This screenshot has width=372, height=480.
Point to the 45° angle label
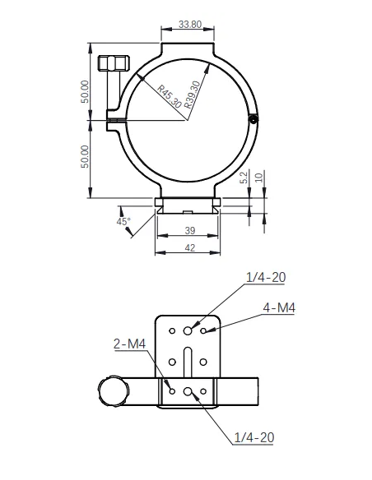tap(123, 222)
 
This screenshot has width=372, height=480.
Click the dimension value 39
tap(188, 231)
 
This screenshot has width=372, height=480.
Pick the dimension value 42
tap(188, 247)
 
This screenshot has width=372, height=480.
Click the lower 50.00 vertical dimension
tap(85, 156)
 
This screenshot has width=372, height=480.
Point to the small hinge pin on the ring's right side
tap(254, 120)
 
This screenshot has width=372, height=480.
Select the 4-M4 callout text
tap(279, 308)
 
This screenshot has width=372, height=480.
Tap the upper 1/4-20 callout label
tap(265, 278)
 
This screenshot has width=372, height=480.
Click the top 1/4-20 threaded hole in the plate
tap(188, 330)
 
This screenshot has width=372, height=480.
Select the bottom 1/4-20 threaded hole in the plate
tap(188, 391)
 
